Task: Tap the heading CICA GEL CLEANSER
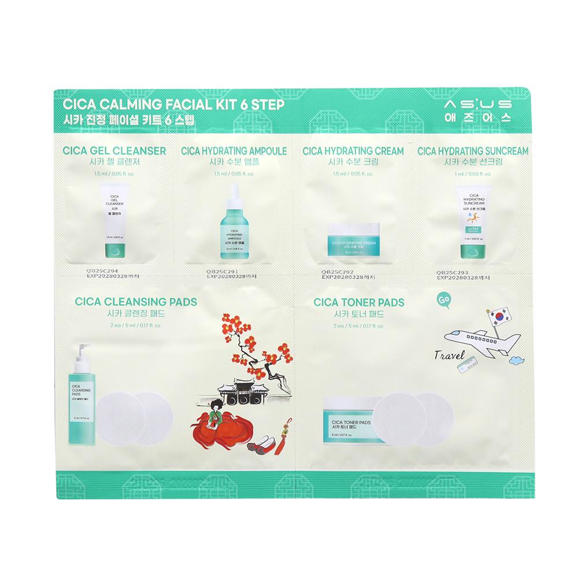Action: [113, 151]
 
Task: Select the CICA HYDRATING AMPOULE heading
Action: [234, 151]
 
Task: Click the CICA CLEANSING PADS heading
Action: [136, 302]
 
